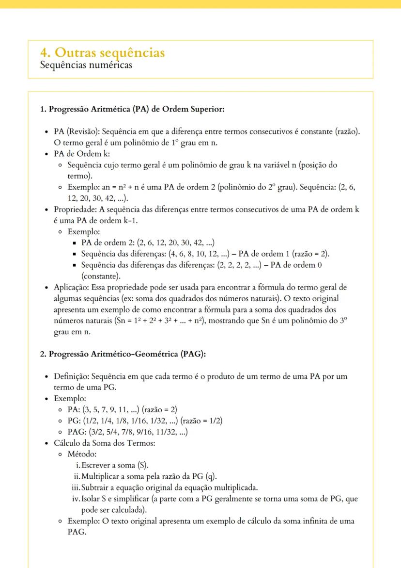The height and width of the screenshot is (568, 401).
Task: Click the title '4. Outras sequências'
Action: coord(102,53)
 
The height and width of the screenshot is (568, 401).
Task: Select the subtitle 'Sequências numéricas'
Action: coord(86,65)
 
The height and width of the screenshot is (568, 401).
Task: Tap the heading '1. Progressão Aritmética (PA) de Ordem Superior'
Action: coord(132,110)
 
